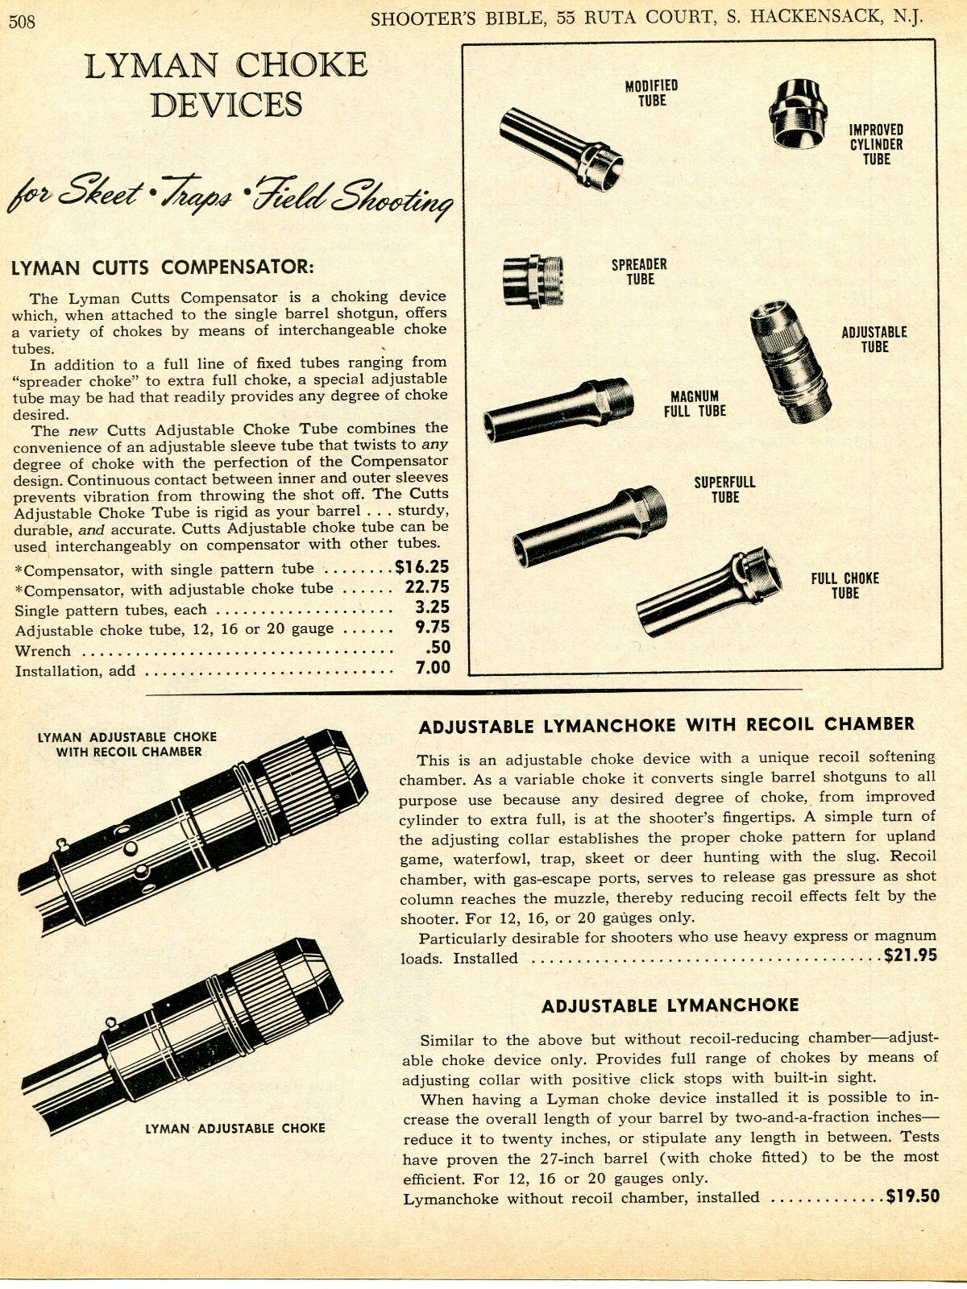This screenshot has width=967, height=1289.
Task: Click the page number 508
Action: coord(22,22)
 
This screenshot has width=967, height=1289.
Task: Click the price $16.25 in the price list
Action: coord(421,567)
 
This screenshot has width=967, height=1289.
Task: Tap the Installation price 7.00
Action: coord(433,667)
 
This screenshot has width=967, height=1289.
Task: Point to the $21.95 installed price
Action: coord(911,956)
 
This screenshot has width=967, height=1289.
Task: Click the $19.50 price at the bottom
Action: coord(912,1196)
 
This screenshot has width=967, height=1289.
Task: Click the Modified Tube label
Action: coord(652,93)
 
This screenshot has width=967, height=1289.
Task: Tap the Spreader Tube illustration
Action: coord(533,281)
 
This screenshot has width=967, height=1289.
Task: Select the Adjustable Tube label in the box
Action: coord(874,339)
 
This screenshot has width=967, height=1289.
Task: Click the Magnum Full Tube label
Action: coord(695,404)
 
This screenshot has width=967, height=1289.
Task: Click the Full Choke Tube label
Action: coord(845,586)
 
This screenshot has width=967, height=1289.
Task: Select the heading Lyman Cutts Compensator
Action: coord(162,267)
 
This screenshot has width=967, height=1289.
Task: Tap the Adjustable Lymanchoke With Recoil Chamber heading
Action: coord(666,724)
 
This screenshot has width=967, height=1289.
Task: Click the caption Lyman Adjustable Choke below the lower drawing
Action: coord(234,1129)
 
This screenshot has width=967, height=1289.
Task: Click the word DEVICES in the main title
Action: coord(226,105)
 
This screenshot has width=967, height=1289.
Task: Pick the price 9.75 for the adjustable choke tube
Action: coord(433,628)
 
